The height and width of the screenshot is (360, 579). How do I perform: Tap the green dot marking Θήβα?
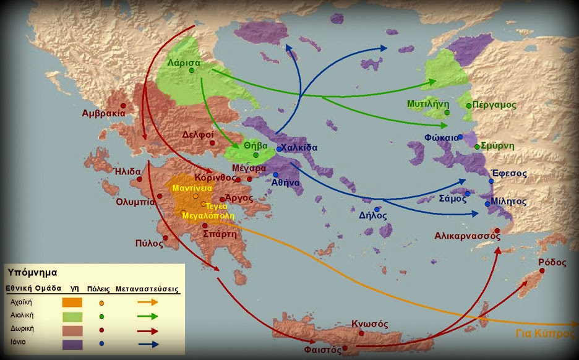[255, 155]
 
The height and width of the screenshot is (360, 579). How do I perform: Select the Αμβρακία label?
[104, 113]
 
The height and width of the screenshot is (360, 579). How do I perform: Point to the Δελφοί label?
[198, 134]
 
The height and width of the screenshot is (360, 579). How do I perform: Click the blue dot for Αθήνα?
[275, 175]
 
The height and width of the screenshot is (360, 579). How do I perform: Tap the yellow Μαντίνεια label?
[193, 187]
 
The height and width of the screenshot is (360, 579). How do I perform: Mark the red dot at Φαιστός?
[345, 348]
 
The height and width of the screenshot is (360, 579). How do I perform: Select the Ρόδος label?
[552, 262]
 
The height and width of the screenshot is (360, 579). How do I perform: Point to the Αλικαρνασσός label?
[467, 236]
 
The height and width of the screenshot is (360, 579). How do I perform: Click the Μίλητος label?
[509, 202]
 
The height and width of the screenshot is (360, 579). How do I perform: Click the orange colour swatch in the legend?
[72, 302]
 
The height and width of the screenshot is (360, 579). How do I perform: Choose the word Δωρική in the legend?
[21, 330]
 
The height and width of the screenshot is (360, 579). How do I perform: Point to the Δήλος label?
[373, 216]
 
